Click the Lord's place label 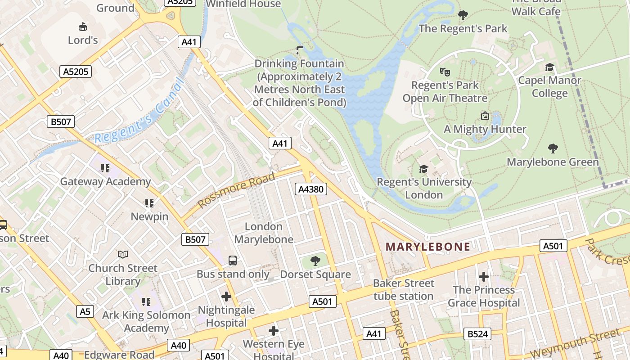click(83, 40)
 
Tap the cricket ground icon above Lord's click(83, 27)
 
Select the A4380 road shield click(311, 189)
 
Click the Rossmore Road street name click(236, 190)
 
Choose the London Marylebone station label click(264, 233)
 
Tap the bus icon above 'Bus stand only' click(233, 260)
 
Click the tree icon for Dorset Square click(315, 261)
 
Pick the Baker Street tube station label click(404, 289)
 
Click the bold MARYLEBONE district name click(428, 247)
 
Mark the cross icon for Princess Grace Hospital click(484, 276)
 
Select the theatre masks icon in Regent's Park click(445, 72)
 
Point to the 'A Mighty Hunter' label click(485, 129)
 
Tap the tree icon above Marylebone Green click(553, 148)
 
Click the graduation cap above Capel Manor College click(549, 67)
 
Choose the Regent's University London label click(424, 188)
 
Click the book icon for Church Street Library click(123, 254)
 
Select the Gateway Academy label click(105, 181)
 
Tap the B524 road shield click(477, 333)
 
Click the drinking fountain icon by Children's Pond click(300, 50)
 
